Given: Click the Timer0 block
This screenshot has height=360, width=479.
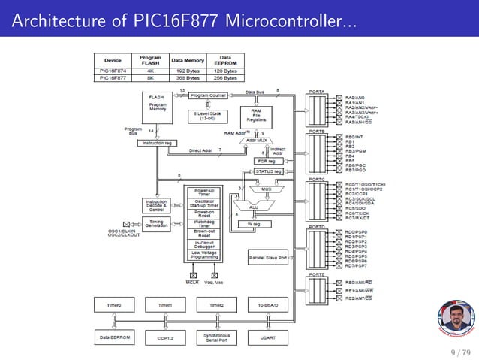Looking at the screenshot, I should point(115,305).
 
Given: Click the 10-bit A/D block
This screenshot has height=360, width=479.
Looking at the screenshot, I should point(267,305).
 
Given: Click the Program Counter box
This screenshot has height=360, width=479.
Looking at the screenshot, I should point(208,96).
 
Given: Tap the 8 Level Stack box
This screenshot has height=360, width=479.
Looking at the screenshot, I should point(208,117).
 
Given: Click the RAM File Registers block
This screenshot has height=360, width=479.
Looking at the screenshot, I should point(255,116).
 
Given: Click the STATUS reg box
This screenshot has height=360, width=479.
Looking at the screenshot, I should point(268,171).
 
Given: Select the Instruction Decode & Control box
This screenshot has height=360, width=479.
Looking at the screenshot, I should point(156,206).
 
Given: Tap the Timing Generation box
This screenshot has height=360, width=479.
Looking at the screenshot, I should point(156,224).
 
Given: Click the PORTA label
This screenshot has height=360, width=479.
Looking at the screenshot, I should point(317,92).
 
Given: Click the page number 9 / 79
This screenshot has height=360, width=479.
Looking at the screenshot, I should point(456,352).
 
